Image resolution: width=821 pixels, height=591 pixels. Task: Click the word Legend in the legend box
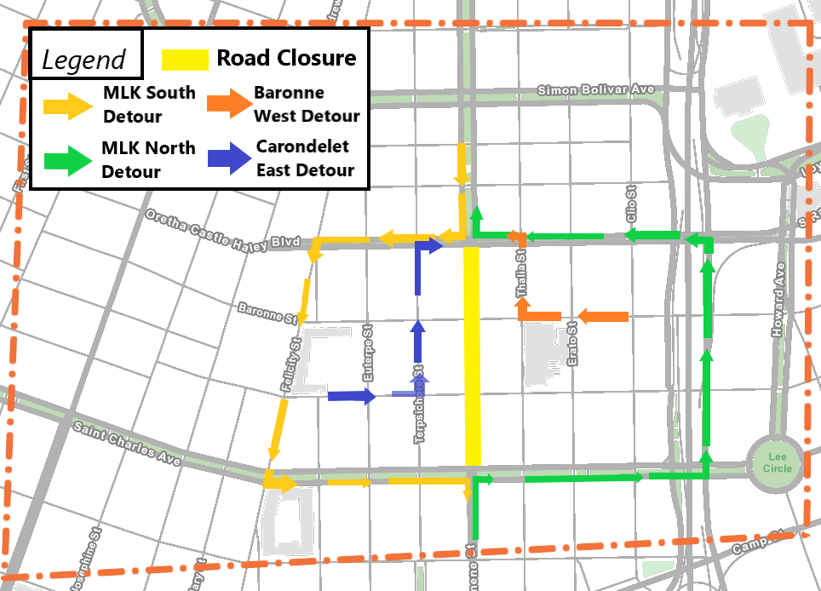pyautogui.click(x=83, y=60)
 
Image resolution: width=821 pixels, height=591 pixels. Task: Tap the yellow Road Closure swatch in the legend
pyautogui.click(x=185, y=60)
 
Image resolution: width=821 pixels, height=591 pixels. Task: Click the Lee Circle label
pyautogui.click(x=777, y=463)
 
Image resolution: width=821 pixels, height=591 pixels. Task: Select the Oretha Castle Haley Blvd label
pyautogui.click(x=222, y=230)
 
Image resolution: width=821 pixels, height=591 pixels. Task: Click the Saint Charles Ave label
pyautogui.click(x=126, y=444)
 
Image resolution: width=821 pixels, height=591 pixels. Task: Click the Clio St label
pyautogui.click(x=632, y=206)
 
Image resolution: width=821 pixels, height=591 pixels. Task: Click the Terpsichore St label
pyautogui.click(x=419, y=405)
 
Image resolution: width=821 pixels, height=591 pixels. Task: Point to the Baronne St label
pyautogui.click(x=267, y=313)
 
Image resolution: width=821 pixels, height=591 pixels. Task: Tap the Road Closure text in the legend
pyautogui.click(x=286, y=58)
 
